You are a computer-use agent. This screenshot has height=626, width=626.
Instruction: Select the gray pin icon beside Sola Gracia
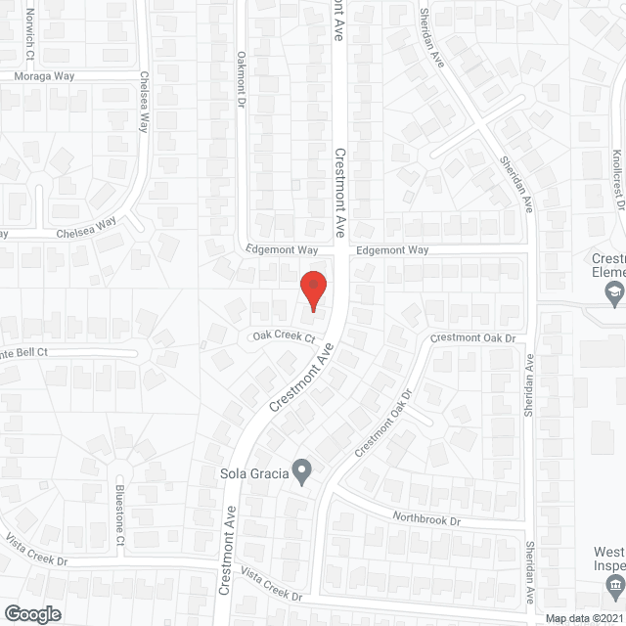coord(303,474)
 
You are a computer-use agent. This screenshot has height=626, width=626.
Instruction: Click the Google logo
coord(31,613)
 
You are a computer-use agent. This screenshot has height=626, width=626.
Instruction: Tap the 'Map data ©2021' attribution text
coord(582,618)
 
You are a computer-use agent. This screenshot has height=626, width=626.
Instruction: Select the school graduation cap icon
coord(613,291)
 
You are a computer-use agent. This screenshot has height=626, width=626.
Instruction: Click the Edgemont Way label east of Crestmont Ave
coord(392,250)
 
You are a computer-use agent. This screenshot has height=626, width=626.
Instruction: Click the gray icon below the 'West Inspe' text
coord(613,587)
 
